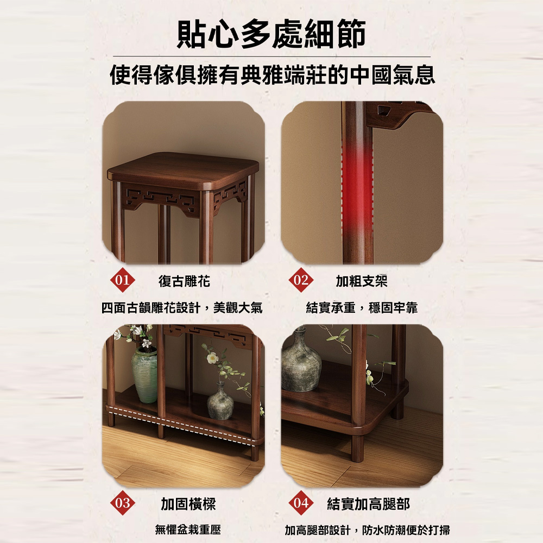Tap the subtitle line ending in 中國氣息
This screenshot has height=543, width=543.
pos(272,75)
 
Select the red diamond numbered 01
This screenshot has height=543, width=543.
pos(122,280)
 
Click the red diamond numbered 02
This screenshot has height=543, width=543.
pos(301,280)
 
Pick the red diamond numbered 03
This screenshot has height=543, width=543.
pos(122,502)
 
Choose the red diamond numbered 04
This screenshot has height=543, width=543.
pos(301,502)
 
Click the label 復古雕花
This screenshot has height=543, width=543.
pos(184,281)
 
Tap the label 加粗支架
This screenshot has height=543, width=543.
pos(362,281)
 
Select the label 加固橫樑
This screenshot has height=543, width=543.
pos(188,504)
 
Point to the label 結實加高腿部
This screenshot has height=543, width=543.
pos(369,504)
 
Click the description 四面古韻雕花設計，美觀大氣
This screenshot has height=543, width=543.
pos(182,307)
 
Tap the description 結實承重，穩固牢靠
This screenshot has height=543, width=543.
pos(362,307)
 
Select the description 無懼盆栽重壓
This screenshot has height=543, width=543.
pos(188,530)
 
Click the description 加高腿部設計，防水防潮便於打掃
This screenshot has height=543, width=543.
pos(368,530)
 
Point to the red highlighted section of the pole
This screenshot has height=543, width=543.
pos(357,187)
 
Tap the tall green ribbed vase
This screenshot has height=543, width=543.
pos(144,375)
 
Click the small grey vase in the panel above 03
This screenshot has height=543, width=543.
pos(220,401)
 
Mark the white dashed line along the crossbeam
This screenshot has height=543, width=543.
pos(182,426)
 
